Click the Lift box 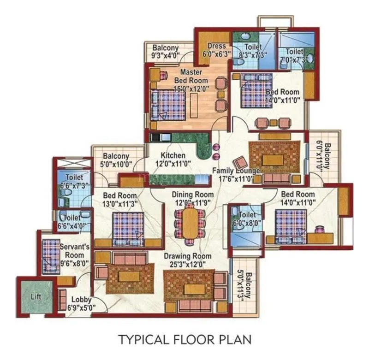[36, 297]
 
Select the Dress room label [217, 46]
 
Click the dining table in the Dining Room [189, 223]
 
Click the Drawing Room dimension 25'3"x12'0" [190, 264]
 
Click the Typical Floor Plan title [184, 340]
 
